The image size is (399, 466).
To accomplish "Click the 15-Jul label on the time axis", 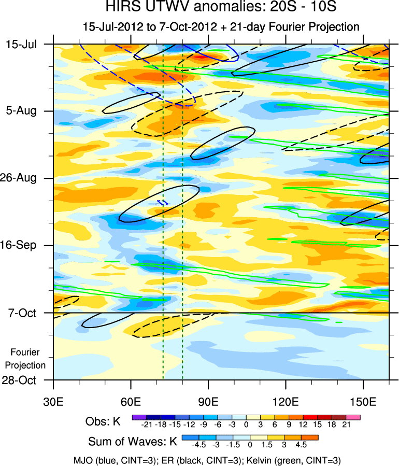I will tap(21, 44).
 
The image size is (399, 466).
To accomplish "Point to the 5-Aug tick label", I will tap(21, 111).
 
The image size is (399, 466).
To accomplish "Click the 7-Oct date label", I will tap(22, 313).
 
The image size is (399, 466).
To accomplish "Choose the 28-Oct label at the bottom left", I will tap(21, 380).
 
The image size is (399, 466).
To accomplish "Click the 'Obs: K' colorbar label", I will tap(103, 421).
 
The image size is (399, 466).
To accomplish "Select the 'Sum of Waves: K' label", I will tap(133, 442).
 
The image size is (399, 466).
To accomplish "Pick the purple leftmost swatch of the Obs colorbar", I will tap(139, 417).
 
